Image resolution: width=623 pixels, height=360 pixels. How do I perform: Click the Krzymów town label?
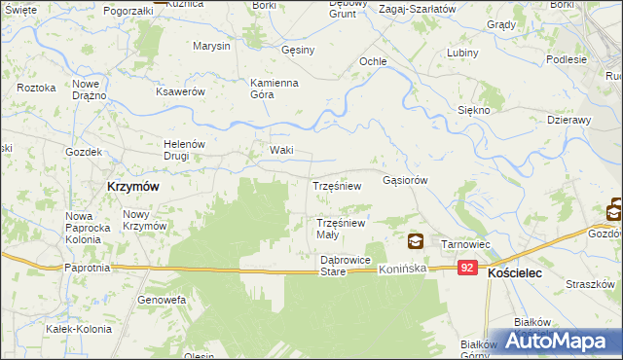coord(132,185)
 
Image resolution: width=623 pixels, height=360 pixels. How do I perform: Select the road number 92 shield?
coord(469,268)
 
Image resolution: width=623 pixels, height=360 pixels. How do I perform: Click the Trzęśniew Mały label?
coord(341,229)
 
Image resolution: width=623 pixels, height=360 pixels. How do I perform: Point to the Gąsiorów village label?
coord(406,180)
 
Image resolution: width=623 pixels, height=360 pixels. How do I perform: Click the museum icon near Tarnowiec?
coord(416,241)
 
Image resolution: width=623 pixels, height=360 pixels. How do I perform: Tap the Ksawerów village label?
coord(180,91)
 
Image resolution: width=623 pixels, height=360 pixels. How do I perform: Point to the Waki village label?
coord(281,151)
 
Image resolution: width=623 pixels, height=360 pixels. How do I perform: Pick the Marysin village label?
coord(211,47)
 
